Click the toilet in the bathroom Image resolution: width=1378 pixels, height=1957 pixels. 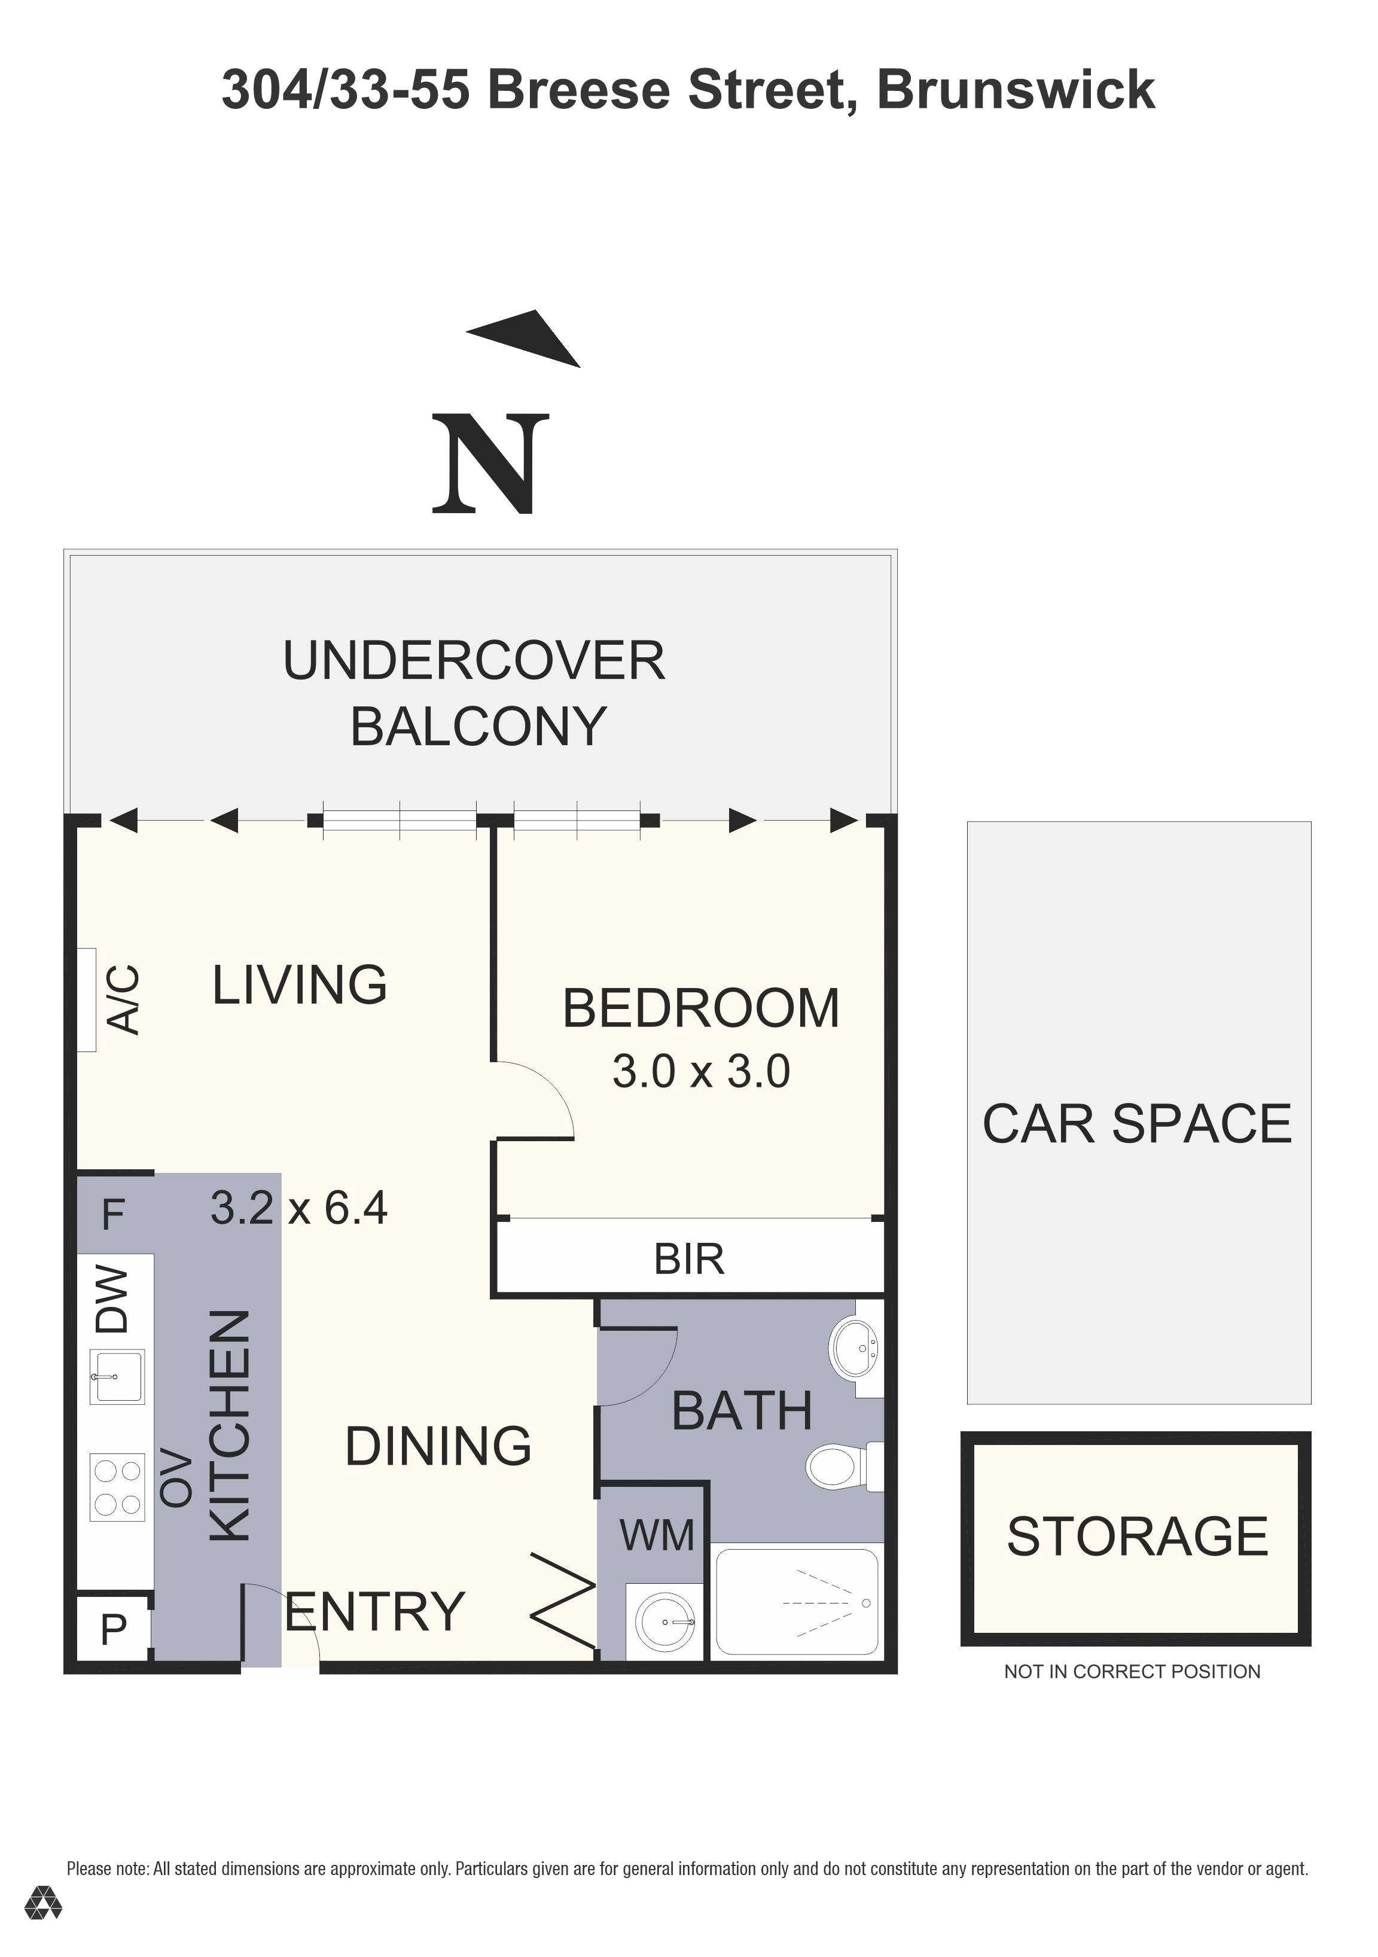click(845, 1466)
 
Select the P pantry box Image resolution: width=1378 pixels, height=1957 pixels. click(114, 1629)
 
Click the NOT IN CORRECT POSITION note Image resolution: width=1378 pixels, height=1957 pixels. click(1132, 1672)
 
